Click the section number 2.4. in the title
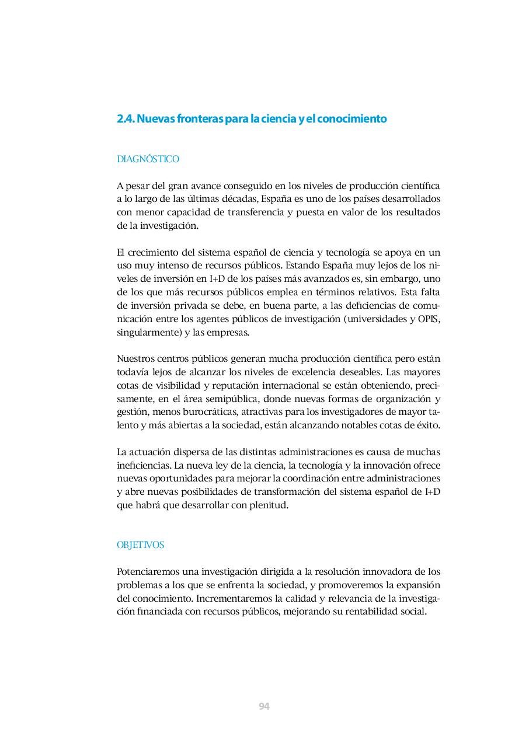click(126, 119)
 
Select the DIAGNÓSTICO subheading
click(148, 159)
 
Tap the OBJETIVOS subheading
click(141, 545)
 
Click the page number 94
click(264, 706)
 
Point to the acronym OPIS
click(429, 319)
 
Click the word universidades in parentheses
click(375, 319)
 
